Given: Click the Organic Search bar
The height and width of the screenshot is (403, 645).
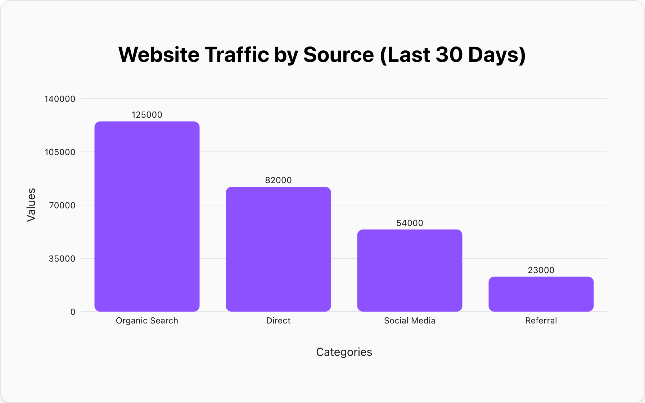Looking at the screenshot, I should [147, 216].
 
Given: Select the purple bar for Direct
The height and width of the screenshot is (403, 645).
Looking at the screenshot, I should [278, 249].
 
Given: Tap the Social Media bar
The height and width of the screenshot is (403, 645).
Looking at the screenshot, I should [410, 270].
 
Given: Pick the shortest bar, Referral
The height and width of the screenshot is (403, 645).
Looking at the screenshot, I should [541, 294].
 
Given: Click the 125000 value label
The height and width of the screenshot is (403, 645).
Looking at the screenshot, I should [147, 115].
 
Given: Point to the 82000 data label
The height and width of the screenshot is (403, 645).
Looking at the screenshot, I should [278, 180].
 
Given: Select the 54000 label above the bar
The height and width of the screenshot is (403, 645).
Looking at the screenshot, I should [410, 223].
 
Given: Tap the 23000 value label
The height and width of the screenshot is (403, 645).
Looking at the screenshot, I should [541, 270].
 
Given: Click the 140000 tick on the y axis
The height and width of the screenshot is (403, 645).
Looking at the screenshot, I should [60, 99].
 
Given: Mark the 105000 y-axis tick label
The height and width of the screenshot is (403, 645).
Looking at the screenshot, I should [60, 152].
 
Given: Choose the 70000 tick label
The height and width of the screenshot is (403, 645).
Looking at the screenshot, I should [62, 205].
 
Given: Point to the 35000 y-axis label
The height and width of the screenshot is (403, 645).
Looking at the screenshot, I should [62, 259].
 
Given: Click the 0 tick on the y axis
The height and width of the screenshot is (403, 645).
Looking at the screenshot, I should [73, 312].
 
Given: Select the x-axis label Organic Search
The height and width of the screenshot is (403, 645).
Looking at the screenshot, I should [147, 321].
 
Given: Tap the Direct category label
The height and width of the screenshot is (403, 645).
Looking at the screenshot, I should [278, 321].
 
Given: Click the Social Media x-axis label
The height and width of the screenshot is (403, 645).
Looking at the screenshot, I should [410, 321].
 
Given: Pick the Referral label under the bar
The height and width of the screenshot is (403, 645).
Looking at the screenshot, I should [541, 321].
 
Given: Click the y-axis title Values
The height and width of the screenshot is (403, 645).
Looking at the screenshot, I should [31, 205].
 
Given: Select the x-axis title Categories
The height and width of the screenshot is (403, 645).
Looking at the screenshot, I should [344, 352].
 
